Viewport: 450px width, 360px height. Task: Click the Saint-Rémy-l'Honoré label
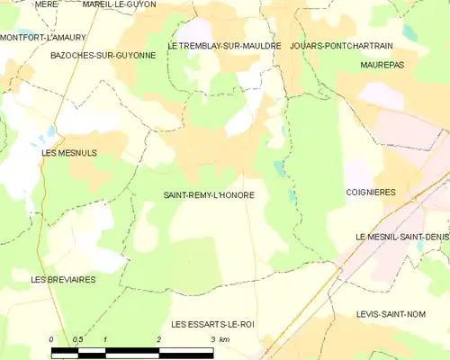208,194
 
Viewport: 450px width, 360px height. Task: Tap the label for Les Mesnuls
69,153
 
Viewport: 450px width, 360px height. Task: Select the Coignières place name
372,192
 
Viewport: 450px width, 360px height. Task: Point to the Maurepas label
382,66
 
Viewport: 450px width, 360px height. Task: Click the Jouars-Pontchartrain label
344,44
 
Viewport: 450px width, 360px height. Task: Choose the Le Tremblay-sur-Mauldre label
224,44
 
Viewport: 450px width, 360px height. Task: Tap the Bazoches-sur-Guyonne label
103,55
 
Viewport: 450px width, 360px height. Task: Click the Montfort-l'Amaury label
41,37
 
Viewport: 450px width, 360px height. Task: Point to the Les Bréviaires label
63,279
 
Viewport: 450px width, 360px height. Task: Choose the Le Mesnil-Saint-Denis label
402,236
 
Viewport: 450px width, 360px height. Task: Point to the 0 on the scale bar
51,338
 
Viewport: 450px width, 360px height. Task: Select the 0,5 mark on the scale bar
78,338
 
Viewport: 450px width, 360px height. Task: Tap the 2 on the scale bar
158,338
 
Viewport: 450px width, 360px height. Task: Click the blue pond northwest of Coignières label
279,168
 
